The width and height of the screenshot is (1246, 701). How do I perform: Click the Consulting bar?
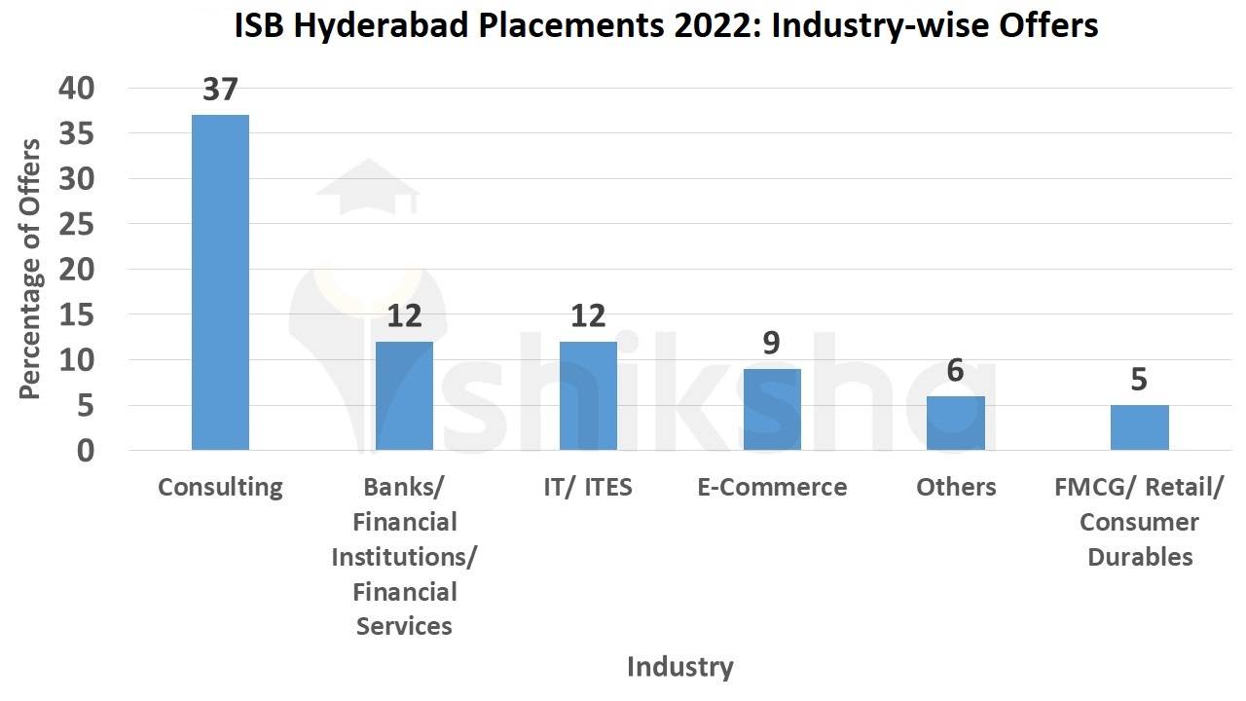coord(220,282)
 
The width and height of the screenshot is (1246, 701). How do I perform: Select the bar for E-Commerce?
coord(772,409)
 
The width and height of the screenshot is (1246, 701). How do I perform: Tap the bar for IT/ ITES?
coord(588,395)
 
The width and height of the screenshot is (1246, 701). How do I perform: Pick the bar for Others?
coord(955,423)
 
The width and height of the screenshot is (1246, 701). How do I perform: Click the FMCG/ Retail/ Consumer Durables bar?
coord(1139,427)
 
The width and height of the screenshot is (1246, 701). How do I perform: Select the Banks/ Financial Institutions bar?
coord(404,395)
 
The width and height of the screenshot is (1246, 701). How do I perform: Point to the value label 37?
coord(220,90)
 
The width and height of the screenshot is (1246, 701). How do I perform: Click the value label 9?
coord(772,343)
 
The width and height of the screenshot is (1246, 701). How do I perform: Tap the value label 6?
coord(955,370)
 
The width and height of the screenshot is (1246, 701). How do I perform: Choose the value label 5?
coord(1139,379)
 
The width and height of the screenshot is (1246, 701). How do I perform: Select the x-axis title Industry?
coord(679,667)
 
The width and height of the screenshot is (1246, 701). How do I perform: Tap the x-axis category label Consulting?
coord(220,487)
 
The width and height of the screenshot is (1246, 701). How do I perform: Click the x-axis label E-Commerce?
coord(772,487)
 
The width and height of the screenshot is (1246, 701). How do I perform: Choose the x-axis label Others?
coord(955,487)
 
